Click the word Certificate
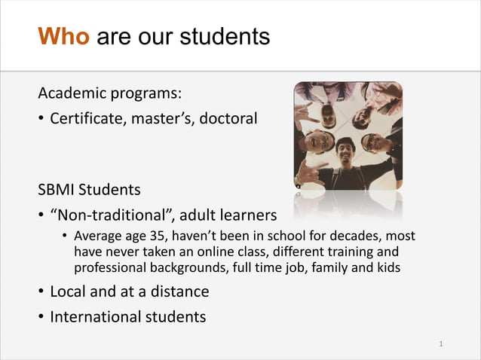click(84, 119)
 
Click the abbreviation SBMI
click(59, 188)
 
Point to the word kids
click(387, 268)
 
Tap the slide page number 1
click(441, 344)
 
